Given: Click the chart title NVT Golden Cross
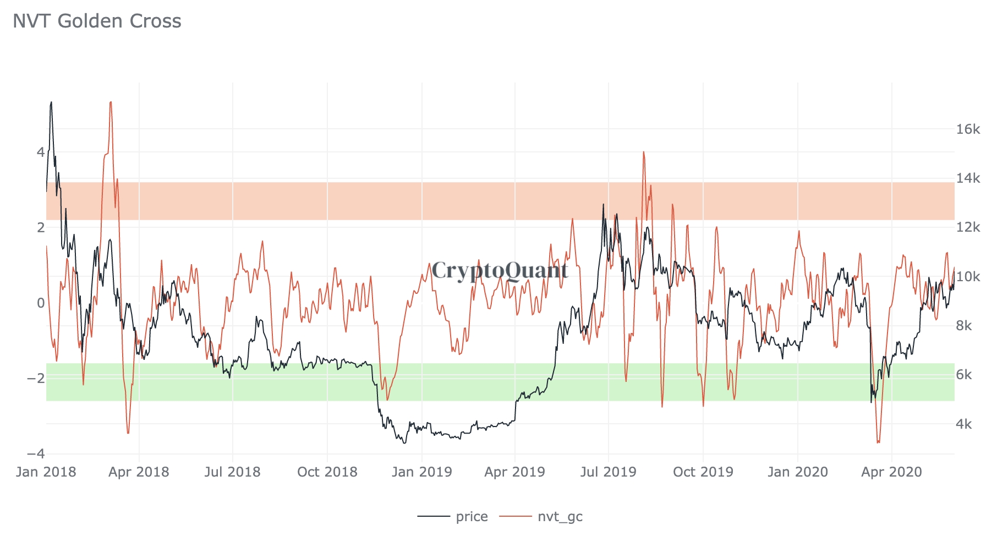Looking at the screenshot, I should (97, 21).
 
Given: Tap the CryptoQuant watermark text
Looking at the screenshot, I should (500, 270).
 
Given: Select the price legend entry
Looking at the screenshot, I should (472, 517).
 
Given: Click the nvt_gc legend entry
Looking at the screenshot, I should (560, 517).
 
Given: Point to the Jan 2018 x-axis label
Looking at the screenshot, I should (46, 472).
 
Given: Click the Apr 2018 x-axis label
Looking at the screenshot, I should (139, 472).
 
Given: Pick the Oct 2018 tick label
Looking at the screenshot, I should (327, 472).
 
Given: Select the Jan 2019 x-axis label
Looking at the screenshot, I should (422, 472).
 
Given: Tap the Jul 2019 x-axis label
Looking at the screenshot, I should (609, 472).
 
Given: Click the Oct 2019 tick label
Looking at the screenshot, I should (703, 472).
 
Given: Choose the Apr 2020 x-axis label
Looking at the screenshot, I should (891, 472).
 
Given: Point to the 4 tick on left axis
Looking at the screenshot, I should (40, 152).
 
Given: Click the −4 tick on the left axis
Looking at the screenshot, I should (36, 453).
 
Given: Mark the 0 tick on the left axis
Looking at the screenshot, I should (40, 303).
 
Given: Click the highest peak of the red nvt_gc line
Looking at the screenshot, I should (111, 102).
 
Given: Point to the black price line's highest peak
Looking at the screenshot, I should (51, 102).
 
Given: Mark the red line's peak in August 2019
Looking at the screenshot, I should (643, 152).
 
